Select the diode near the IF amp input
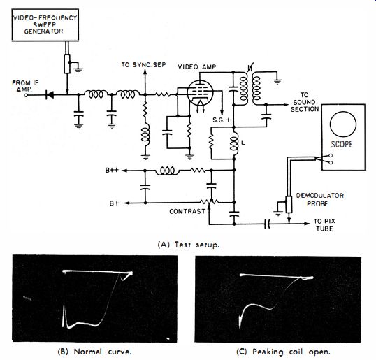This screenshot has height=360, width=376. (x=50, y=95)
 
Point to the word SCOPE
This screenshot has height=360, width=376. (x=342, y=144)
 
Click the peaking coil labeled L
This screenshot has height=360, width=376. (x=234, y=143)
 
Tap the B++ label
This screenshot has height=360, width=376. (x=112, y=170)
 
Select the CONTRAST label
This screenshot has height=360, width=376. (x=187, y=211)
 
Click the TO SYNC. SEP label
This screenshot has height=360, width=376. (x=143, y=65)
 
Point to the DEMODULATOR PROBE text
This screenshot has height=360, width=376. (x=320, y=199)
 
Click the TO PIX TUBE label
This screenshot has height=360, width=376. (x=324, y=224)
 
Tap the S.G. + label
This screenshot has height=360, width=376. (x=222, y=120)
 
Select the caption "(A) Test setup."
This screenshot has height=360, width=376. (x=189, y=245)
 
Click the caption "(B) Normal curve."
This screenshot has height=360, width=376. (x=95, y=352)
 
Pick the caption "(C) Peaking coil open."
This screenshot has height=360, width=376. (x=283, y=352)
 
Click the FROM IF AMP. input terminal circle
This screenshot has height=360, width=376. (x=26, y=95)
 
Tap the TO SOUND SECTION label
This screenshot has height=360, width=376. (x=305, y=102)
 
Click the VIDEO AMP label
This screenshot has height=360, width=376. (x=196, y=66)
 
